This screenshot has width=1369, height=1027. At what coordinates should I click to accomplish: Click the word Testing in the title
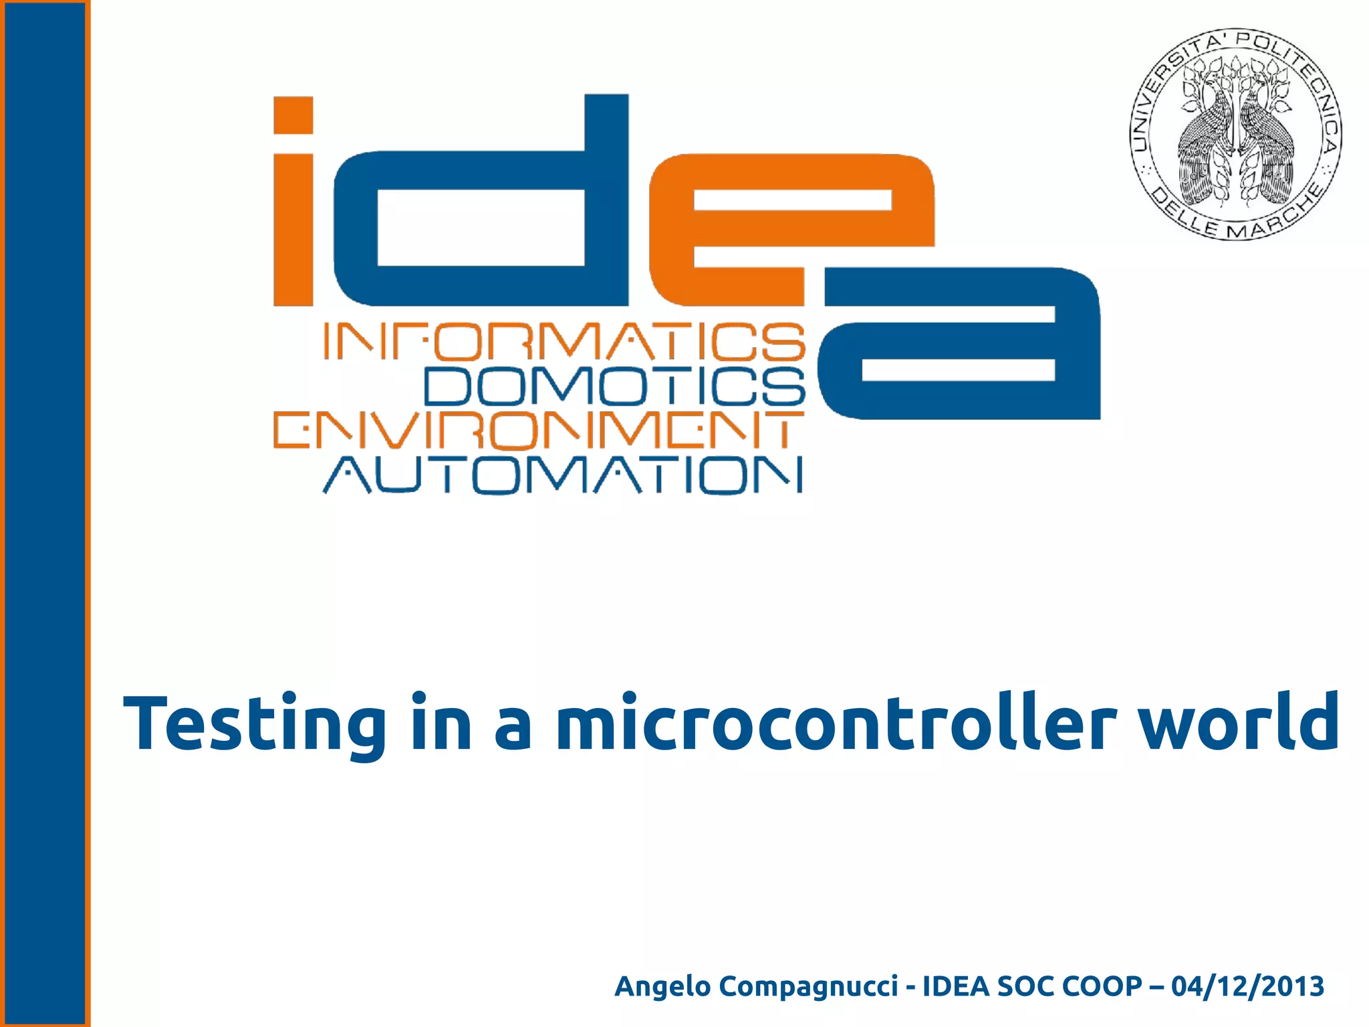point(254,725)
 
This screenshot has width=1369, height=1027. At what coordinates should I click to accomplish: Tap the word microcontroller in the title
point(836,723)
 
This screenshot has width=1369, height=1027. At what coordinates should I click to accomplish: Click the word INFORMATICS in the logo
point(564,342)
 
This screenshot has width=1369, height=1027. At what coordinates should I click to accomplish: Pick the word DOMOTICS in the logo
point(615,386)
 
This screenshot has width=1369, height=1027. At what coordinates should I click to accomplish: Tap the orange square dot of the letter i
point(293,115)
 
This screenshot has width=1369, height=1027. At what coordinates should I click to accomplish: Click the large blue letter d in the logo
point(481,214)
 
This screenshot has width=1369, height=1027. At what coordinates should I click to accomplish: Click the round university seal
point(1235,134)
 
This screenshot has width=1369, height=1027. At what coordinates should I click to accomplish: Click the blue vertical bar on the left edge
point(44,513)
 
